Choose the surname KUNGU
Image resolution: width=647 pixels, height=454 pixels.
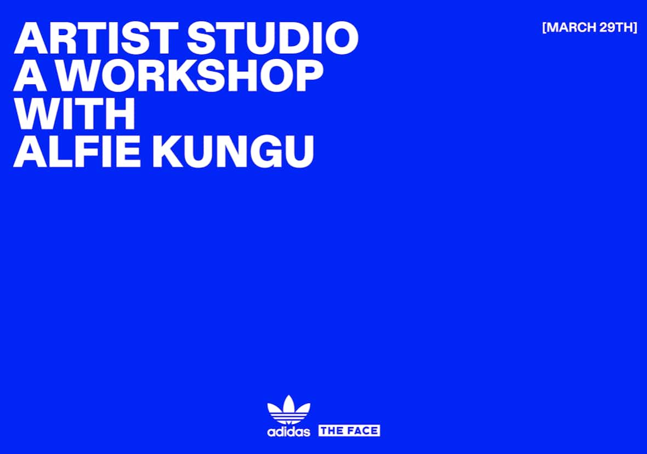click(233, 151)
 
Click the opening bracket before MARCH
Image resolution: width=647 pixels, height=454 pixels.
click(544, 27)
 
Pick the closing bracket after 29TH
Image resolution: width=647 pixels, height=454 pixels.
click(635, 27)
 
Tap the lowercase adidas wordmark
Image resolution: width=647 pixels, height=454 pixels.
click(288, 432)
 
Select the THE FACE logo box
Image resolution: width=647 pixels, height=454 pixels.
click(349, 430)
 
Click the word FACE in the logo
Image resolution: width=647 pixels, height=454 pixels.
click(362, 430)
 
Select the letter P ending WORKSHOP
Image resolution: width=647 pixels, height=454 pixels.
click(309, 76)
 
